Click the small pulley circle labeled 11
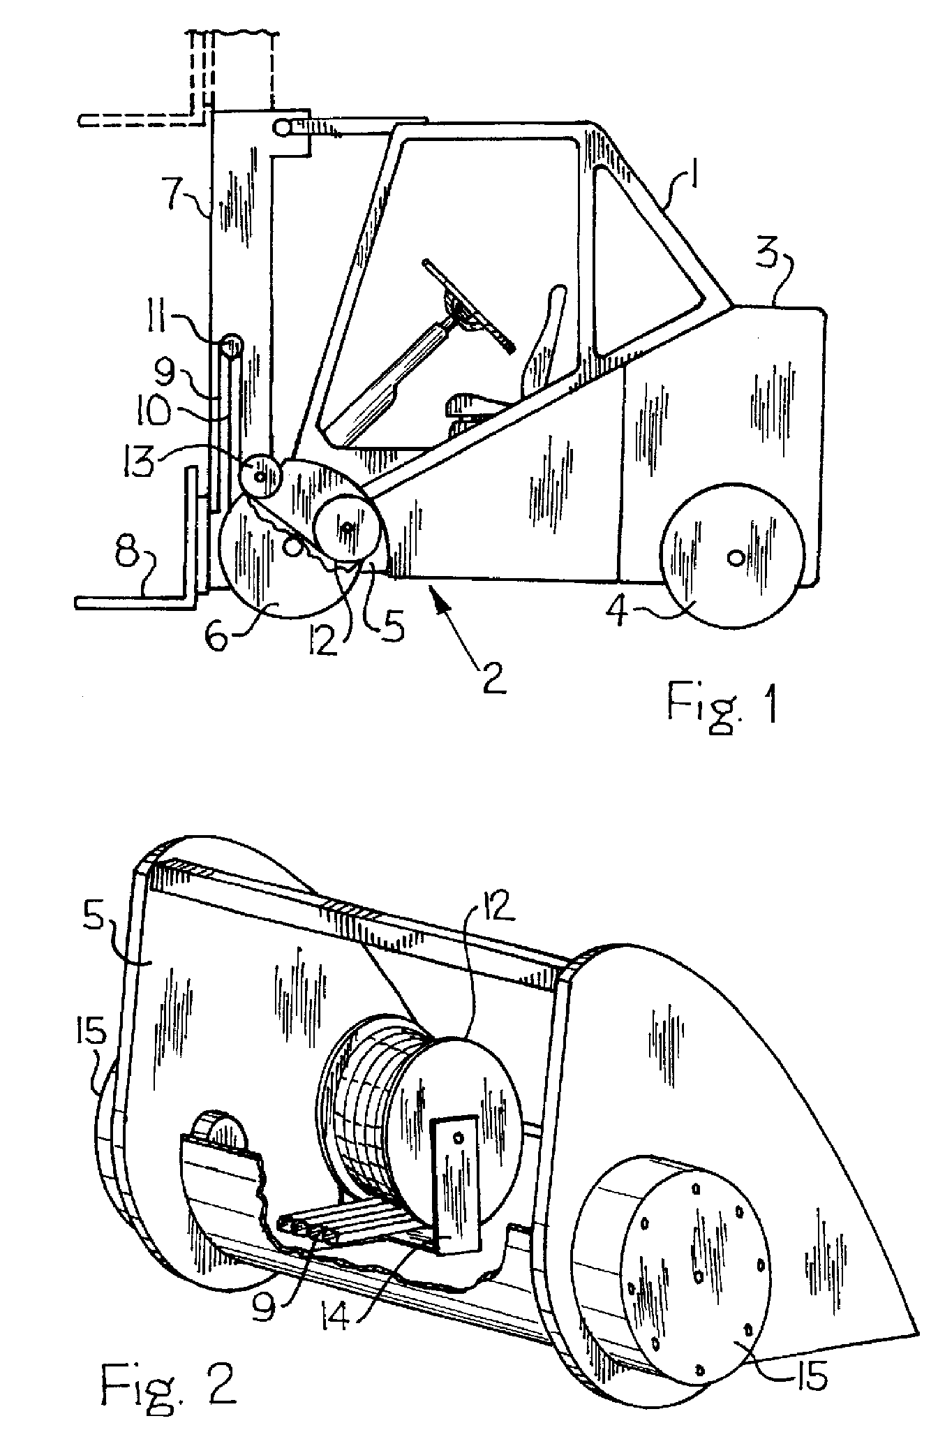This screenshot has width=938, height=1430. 232,345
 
